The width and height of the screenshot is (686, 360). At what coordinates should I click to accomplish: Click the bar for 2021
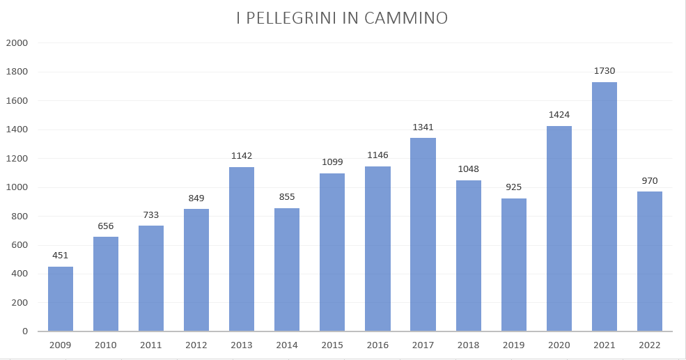click(x=604, y=207)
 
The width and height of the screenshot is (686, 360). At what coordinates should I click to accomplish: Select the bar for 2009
click(x=61, y=299)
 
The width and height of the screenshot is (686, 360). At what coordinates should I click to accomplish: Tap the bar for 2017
click(x=423, y=235)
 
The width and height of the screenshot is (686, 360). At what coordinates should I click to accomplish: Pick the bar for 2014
click(x=287, y=269)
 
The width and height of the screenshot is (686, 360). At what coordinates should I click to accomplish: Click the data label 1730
click(x=605, y=71)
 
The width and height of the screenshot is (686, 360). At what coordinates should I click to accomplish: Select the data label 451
click(x=61, y=256)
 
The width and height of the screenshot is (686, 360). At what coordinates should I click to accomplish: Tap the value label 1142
click(x=242, y=156)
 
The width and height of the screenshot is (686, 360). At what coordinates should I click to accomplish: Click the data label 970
click(x=650, y=181)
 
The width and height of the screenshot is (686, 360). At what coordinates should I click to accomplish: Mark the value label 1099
click(x=332, y=162)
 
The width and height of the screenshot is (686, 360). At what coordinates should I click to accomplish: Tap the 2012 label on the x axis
click(x=196, y=345)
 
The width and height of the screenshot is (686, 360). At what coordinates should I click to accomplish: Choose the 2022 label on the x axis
click(x=650, y=345)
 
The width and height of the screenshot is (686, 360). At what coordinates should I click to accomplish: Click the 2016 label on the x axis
click(x=377, y=345)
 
